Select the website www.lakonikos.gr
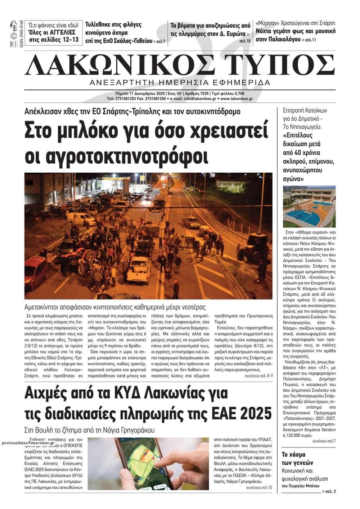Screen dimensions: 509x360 tap(237, 98)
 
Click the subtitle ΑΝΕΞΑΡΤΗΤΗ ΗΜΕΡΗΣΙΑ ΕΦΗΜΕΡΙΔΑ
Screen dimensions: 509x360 tap(180, 82)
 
